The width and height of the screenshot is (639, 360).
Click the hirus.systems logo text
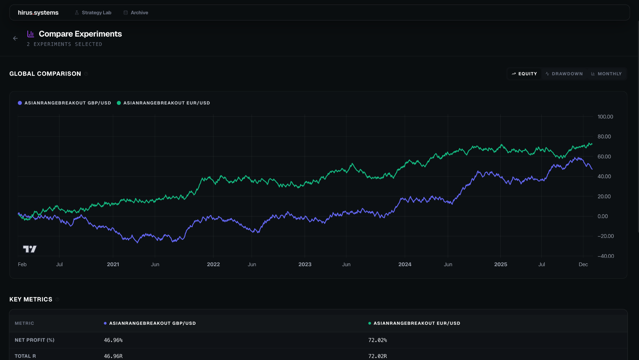click(x=38, y=13)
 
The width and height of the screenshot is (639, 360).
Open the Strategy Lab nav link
click(x=93, y=13)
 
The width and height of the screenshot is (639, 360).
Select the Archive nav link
click(x=136, y=13)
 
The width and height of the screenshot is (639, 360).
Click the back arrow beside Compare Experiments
click(x=15, y=39)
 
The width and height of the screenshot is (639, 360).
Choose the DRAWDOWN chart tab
click(x=564, y=74)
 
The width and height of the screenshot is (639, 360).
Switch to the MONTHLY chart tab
click(x=606, y=74)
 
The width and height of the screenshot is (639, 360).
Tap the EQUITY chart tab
click(x=525, y=74)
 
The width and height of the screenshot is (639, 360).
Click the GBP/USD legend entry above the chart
click(x=65, y=103)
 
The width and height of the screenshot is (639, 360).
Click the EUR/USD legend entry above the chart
click(x=163, y=103)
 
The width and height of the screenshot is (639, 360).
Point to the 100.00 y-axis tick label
click(x=605, y=117)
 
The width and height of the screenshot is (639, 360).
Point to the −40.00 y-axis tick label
click(x=605, y=256)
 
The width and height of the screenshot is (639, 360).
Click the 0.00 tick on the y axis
click(x=603, y=216)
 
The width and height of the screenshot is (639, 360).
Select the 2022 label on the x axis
click(x=213, y=265)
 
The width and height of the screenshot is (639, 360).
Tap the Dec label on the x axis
click(x=583, y=265)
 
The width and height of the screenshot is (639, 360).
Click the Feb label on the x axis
click(x=22, y=265)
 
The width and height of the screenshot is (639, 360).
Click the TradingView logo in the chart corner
click(x=30, y=249)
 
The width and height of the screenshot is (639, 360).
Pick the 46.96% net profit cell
click(x=113, y=340)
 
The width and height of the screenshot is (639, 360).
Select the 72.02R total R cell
click(x=377, y=356)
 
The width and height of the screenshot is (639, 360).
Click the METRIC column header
click(x=24, y=323)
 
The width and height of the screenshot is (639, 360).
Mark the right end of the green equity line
click(x=592, y=144)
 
